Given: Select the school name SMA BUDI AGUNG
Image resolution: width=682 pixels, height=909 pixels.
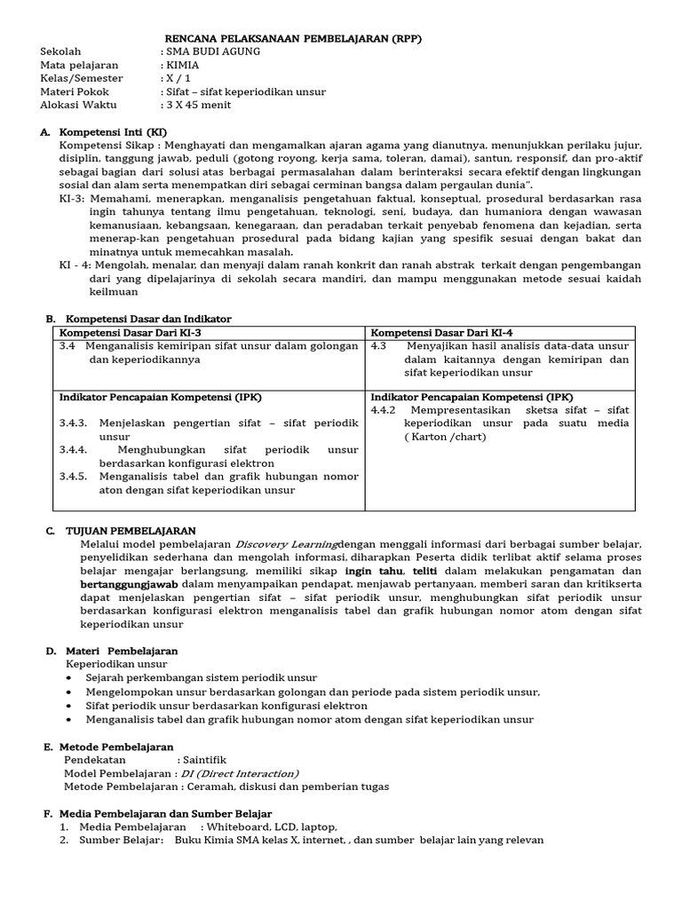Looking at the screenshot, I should point(210,52).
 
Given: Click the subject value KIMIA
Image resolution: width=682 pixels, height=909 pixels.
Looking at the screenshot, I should point(183,66).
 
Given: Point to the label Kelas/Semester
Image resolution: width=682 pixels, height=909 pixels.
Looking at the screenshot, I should point(82,79).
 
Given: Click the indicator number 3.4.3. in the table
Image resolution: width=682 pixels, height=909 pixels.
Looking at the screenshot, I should point(74,423).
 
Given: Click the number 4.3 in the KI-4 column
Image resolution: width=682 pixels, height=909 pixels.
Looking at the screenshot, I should point(379,346).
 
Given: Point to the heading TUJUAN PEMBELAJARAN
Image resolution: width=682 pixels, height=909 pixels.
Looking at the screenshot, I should point(123,530).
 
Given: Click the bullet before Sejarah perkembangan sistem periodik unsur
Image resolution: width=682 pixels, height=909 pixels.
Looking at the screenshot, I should point(71,677).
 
